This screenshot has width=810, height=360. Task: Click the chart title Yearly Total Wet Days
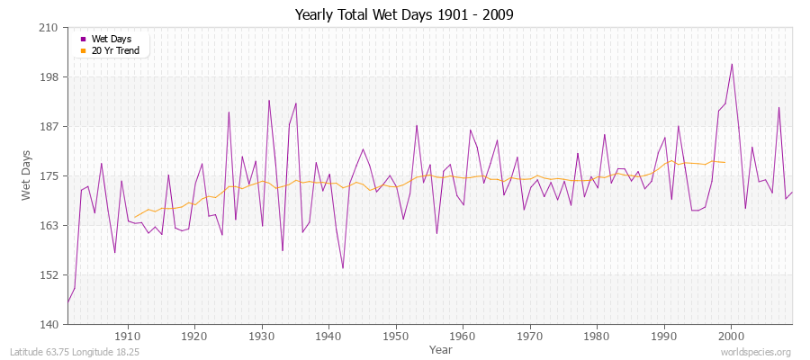click(x=404, y=15)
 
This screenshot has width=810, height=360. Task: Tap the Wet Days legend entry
click(x=112, y=39)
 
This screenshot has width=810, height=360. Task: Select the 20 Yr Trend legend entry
click(x=115, y=50)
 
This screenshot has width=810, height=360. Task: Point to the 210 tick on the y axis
click(x=49, y=28)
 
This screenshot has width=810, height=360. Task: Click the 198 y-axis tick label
click(x=49, y=77)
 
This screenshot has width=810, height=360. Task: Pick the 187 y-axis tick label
click(x=49, y=127)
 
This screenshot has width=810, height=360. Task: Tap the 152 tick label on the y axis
click(x=49, y=275)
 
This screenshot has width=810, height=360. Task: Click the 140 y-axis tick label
click(x=49, y=325)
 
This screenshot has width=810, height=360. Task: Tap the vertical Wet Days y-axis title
click(x=28, y=175)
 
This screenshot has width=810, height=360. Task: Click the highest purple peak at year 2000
click(x=732, y=64)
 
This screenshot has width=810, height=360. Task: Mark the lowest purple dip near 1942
click(x=343, y=267)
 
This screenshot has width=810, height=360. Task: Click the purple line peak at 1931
click(x=269, y=100)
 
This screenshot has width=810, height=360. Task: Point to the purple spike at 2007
click(x=778, y=108)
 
